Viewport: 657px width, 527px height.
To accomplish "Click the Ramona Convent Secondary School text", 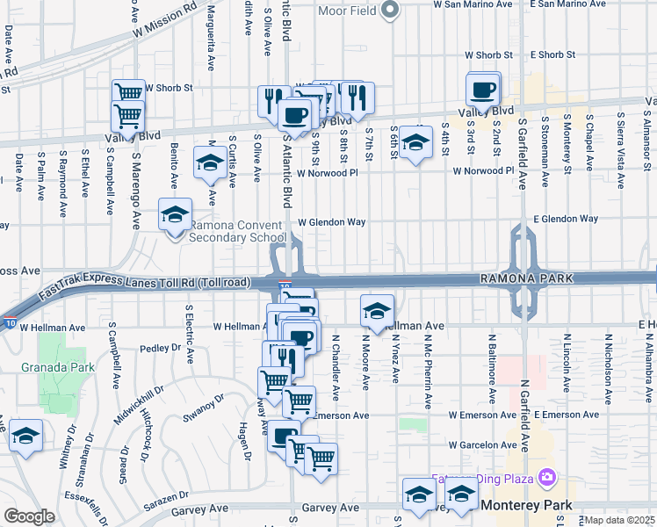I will [237, 230].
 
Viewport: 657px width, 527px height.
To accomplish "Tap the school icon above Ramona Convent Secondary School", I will [175, 213].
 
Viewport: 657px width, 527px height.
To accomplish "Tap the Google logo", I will [28, 516].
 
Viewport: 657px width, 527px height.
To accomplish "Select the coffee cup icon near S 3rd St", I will [483, 89].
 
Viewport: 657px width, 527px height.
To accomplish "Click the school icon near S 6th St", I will [415, 142].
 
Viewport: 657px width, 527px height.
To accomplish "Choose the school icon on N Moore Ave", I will [377, 310].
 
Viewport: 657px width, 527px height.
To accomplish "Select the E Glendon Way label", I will [565, 218].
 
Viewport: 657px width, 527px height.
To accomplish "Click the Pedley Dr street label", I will [160, 348].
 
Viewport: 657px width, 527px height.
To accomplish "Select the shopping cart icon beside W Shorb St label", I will [128, 91].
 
